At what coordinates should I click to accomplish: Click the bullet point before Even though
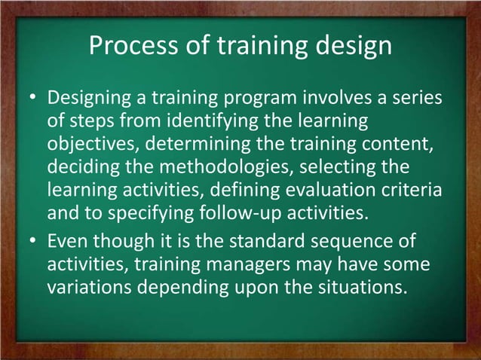34,243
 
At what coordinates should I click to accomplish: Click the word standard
265,243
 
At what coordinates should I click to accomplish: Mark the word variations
96,288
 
